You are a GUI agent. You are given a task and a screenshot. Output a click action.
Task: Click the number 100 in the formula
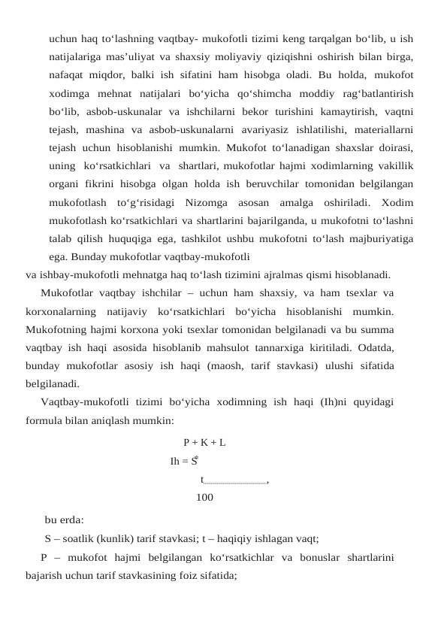click(204, 497)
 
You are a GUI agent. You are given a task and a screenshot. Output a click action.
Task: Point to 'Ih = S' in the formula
click(184, 461)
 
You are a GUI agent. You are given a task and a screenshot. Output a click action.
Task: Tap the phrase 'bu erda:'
click(65, 520)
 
